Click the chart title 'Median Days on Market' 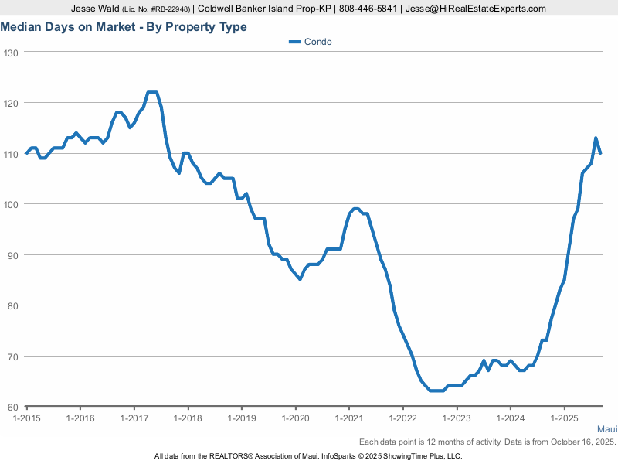(124, 27)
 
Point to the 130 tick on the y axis (11, 52)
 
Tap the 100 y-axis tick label (11, 204)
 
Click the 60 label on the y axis (13, 407)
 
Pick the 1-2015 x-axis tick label (27, 418)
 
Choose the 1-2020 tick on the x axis (295, 418)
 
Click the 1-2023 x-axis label (456, 418)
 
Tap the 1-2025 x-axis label (563, 418)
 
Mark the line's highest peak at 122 (152, 93)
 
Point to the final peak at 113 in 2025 (596, 138)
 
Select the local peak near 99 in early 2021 (355, 209)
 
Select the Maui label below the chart (606, 428)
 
